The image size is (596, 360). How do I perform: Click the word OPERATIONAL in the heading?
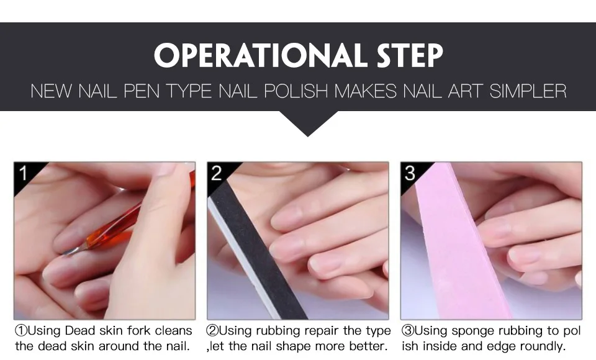coord(258,55)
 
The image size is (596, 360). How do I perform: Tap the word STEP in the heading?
coord(410,55)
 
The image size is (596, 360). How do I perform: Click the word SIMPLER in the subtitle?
coord(528,91)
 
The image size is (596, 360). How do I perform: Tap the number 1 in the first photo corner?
coord(23,173)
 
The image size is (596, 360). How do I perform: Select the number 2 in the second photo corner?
coord(216,173)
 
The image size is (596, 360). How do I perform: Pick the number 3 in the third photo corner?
coord(410,173)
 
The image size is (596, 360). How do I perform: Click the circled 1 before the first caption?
coord(21,330)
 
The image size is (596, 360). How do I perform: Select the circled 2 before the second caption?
coord(212,330)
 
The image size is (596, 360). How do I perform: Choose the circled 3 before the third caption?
coord(408,330)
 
